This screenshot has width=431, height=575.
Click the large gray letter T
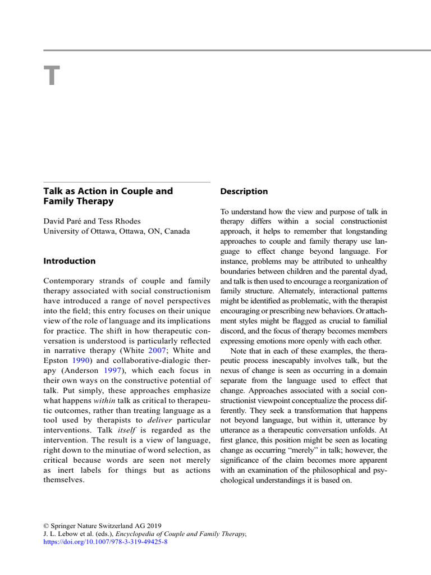(x=52, y=77)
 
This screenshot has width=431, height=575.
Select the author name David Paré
(x=65, y=221)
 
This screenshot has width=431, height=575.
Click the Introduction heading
(x=70, y=261)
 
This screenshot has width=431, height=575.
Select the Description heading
(x=244, y=191)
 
